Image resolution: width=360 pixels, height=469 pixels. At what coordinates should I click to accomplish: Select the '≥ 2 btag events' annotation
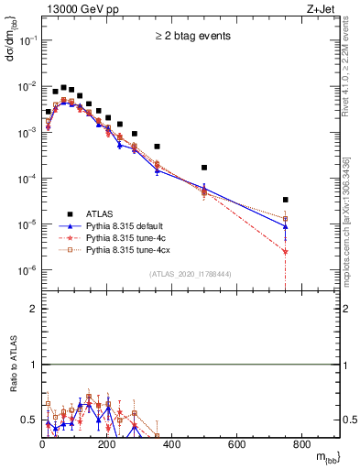pos(191,37)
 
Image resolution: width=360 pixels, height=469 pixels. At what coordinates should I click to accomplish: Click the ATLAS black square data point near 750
pos(312,200)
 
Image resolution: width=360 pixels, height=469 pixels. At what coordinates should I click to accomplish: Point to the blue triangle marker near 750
pos(312,226)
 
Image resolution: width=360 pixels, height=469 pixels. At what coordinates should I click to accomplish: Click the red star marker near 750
pos(312,251)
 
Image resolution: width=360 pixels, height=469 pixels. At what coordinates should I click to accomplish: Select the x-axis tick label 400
pos(172,445)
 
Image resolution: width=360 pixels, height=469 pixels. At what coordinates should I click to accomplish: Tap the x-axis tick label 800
pos(301,445)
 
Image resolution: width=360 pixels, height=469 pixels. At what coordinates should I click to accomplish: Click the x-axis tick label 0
pos(42,445)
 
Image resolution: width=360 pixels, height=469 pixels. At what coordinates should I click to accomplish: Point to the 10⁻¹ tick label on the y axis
pos(27,40)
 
